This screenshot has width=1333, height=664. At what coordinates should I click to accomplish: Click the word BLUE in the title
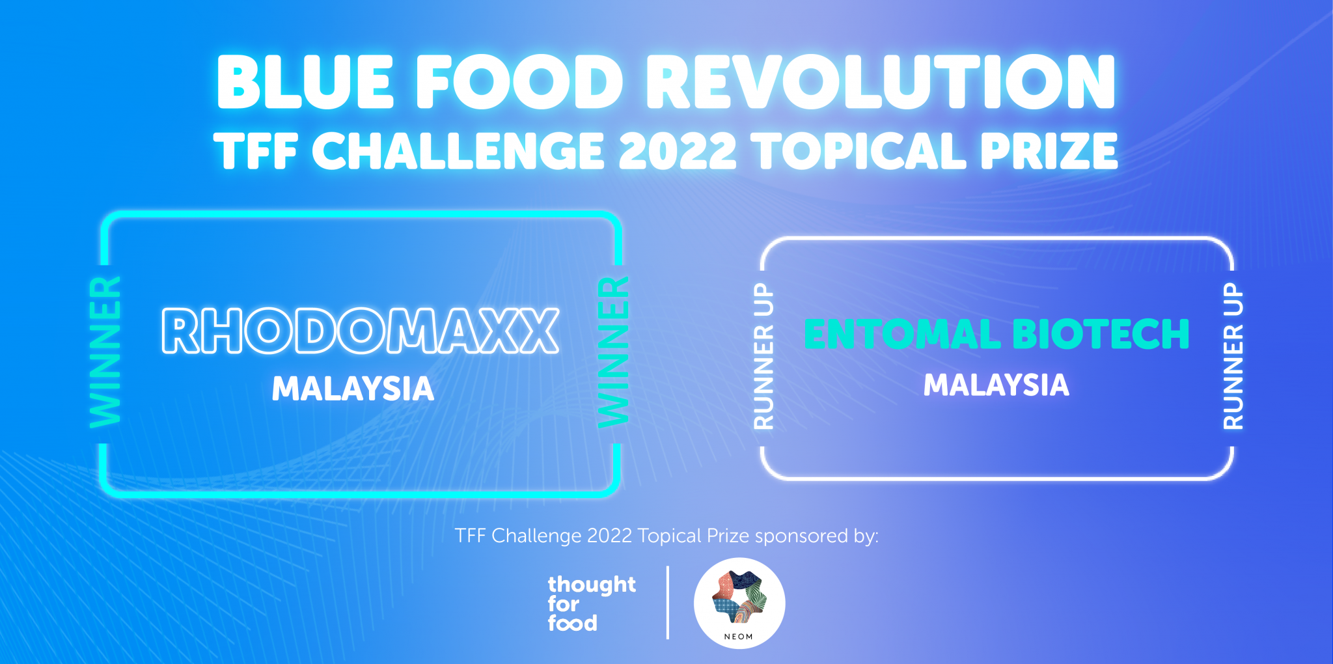point(305,82)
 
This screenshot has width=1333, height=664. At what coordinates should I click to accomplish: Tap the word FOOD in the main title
point(519,82)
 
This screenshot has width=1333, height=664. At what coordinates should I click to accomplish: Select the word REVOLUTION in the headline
point(880,82)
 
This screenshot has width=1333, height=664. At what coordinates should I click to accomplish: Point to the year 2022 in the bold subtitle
point(677,152)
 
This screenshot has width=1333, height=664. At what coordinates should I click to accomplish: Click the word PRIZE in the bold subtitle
point(1049,152)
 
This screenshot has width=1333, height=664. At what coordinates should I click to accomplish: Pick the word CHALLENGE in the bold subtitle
point(458,152)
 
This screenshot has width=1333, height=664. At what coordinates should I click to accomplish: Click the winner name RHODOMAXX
point(360,331)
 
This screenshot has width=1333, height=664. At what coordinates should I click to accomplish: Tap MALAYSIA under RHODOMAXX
point(353,389)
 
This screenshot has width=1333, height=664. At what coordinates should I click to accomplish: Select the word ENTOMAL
point(902,335)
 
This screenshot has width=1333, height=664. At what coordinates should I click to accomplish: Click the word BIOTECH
point(1101,335)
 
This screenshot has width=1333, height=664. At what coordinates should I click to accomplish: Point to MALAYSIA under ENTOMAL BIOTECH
point(996,385)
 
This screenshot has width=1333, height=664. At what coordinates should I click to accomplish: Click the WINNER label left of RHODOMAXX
point(105,352)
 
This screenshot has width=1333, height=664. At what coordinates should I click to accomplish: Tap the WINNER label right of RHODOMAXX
point(614,352)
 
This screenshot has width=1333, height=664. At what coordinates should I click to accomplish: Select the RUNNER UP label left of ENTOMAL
point(763,356)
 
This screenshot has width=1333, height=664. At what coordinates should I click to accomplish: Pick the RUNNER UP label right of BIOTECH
point(1233,356)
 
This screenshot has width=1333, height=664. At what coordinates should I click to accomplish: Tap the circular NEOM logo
point(739,603)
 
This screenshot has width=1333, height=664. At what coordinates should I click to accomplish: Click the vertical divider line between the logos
point(668,603)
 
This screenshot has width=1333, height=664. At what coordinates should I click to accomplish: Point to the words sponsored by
point(816,536)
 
